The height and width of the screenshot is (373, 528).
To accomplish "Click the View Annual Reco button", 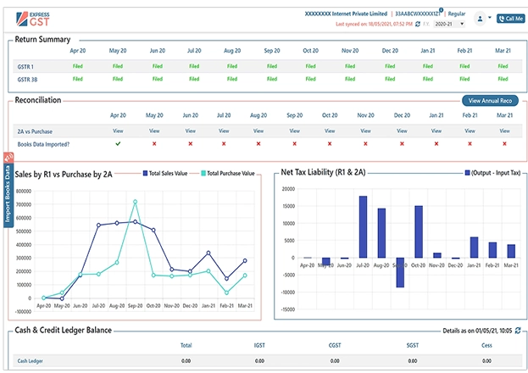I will pyautogui.click(x=487, y=100).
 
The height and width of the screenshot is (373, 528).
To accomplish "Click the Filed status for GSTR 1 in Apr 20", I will pyautogui.click(x=78, y=65).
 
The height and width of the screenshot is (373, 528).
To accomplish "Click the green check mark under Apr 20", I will pyautogui.click(x=118, y=144).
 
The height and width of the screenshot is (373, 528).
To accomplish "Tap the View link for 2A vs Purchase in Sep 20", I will pyautogui.click(x=293, y=131).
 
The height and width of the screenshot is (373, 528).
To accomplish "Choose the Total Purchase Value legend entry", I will pyautogui.click(x=226, y=173).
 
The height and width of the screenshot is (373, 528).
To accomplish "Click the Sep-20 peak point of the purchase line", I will pyautogui.click(x=135, y=202).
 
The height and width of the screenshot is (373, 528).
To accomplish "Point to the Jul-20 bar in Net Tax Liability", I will pyautogui.click(x=362, y=226).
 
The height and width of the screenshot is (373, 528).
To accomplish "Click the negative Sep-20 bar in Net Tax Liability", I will pyautogui.click(x=399, y=272).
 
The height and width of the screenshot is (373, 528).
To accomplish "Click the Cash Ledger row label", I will pyautogui.click(x=30, y=360).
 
